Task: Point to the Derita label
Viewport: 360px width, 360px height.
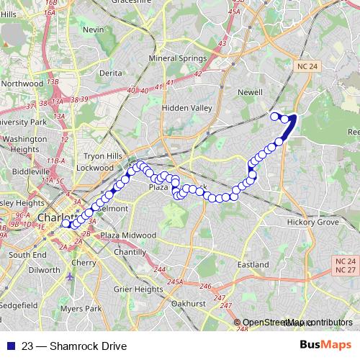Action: tap(110, 73)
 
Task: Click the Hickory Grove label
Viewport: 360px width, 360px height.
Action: tap(312, 222)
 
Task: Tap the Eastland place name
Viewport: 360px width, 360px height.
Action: tap(253, 264)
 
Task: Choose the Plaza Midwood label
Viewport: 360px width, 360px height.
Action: tap(128, 235)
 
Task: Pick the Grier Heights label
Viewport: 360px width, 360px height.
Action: tap(138, 289)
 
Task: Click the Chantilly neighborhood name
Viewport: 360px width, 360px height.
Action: tap(130, 252)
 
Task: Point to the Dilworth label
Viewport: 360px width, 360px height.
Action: tap(45, 270)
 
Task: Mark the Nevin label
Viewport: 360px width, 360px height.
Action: tap(94, 30)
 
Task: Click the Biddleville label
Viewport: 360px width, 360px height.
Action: tap(31, 173)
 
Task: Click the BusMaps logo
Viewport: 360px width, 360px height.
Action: tap(326, 346)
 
